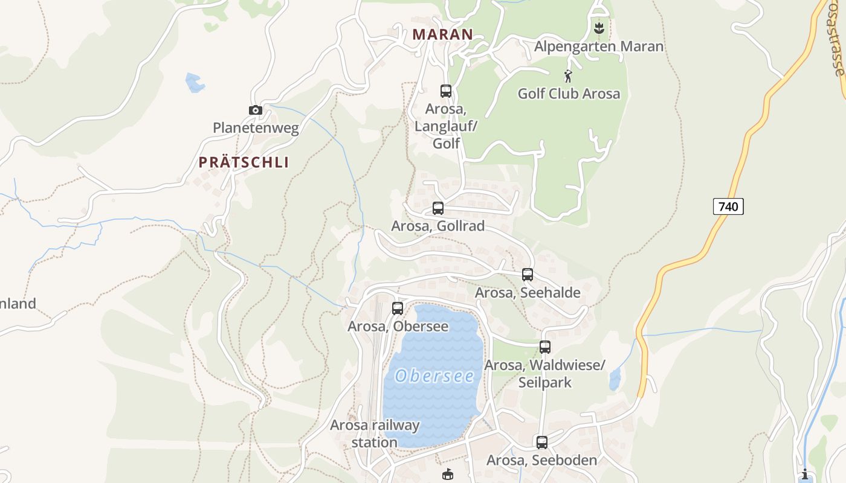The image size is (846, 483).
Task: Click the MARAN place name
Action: click(442, 34)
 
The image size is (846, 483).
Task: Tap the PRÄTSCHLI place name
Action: click(244, 162)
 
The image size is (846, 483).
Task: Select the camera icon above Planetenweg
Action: click(256, 110)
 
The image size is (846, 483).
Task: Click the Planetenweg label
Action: click(256, 128)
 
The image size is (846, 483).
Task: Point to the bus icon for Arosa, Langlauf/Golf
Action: click(446, 91)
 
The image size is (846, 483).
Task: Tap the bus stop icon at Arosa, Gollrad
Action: click(438, 208)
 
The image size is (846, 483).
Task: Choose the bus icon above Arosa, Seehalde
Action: click(528, 275)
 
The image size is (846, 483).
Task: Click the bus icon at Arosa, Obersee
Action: click(398, 309)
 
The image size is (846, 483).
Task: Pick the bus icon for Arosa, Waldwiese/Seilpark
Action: click(545, 347)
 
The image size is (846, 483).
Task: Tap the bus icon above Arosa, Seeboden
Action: click(542, 443)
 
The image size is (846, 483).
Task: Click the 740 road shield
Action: click(728, 206)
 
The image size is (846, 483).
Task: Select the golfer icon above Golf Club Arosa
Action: click(568, 76)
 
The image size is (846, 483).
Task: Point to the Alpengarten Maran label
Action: click(599, 46)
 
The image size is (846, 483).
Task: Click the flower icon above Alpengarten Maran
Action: click(599, 28)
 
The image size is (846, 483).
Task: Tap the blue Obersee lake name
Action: click(434, 376)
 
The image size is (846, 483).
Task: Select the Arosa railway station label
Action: click(375, 433)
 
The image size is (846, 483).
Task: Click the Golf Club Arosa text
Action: click(569, 94)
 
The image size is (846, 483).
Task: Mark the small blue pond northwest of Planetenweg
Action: click(195, 83)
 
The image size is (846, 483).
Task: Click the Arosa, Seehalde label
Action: click(528, 293)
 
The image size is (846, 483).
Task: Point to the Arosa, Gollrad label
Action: click(438, 226)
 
